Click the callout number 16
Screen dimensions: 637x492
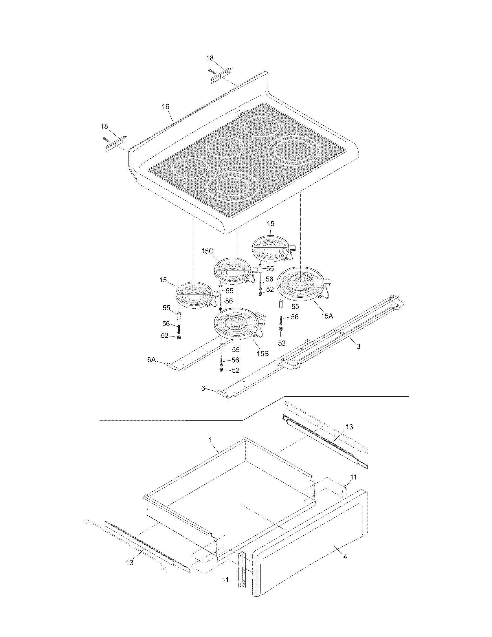click(166, 107)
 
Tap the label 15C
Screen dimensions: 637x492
click(207, 251)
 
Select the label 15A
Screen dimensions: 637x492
click(327, 316)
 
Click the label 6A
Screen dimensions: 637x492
click(151, 360)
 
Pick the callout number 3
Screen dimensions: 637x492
click(358, 346)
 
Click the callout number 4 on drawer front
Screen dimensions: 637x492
click(345, 557)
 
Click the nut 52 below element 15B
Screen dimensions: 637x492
click(221, 370)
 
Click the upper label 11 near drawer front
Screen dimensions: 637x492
click(353, 477)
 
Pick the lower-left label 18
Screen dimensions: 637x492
click(104, 126)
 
